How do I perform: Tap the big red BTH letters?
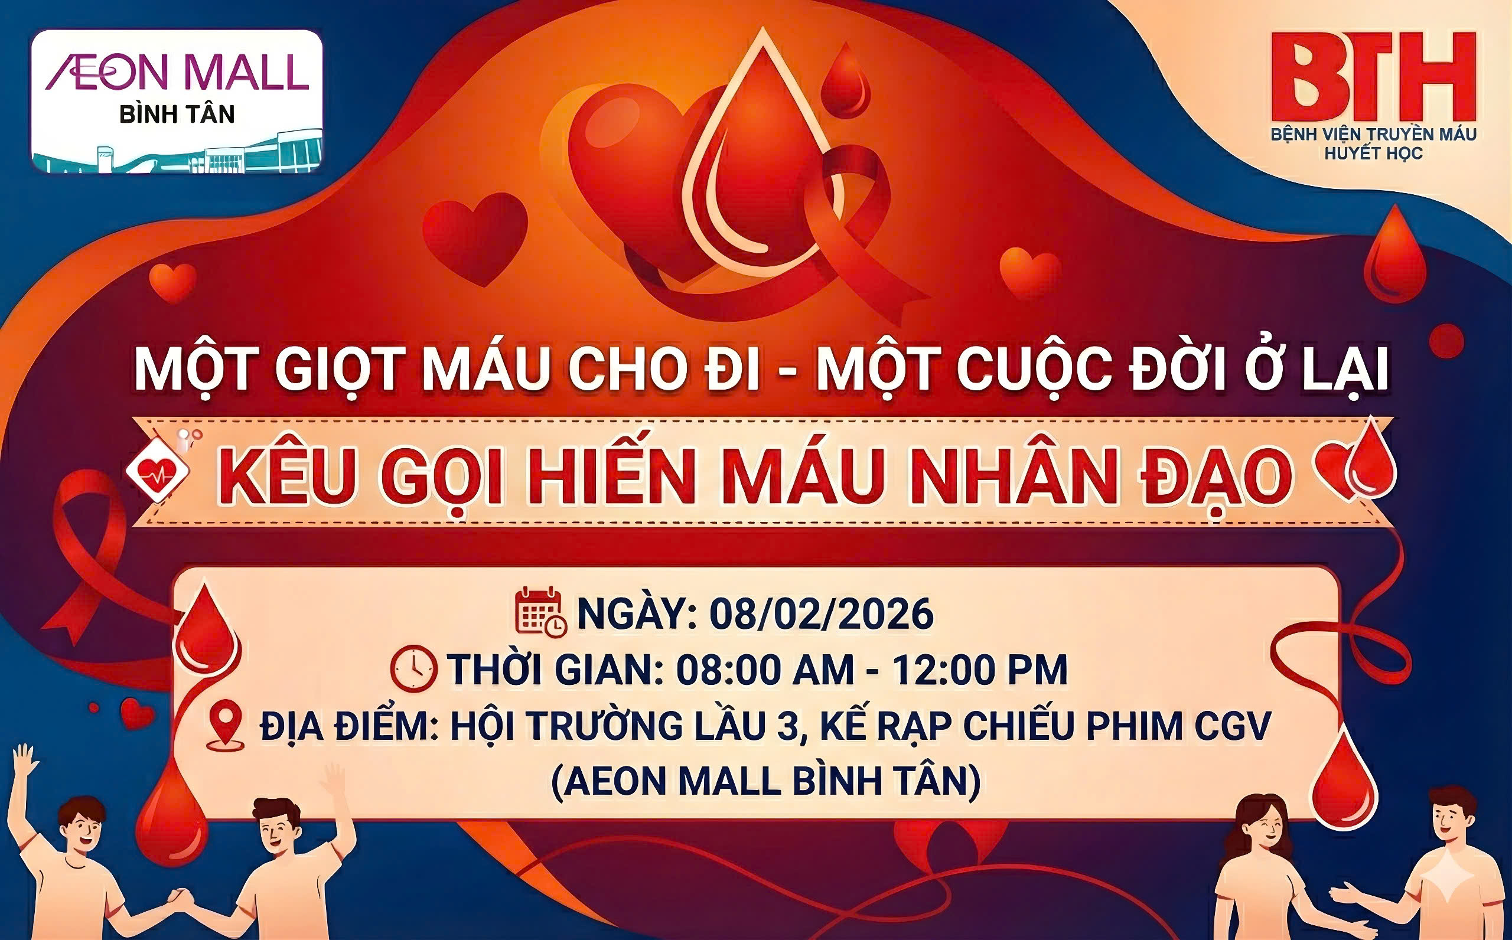1373,78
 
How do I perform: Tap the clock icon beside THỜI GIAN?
413,669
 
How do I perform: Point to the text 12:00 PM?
980,670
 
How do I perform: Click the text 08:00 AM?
765,670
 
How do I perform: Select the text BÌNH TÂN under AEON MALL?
177,115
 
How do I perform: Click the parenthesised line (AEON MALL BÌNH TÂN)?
765,782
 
